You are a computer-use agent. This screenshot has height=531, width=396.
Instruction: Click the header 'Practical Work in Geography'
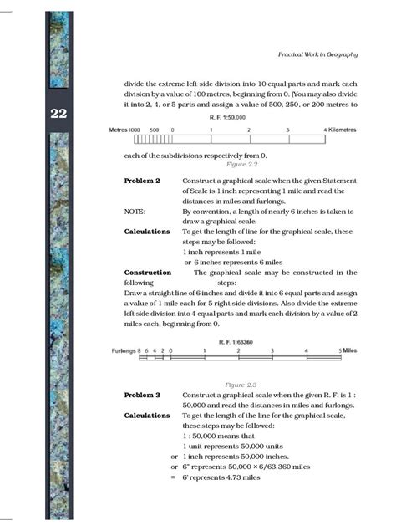coord(317,54)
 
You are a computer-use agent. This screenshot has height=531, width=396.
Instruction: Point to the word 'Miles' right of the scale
coord(348,350)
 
